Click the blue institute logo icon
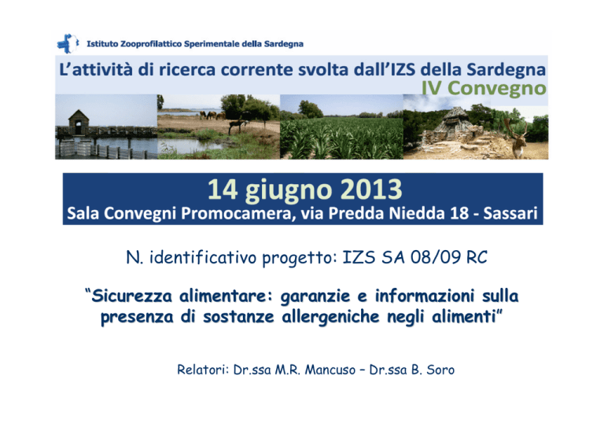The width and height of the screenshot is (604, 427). tap(68, 43)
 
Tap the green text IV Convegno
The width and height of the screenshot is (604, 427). tap(484, 88)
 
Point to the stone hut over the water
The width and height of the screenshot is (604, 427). tap(79, 122)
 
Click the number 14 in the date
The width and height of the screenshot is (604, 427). tap(223, 190)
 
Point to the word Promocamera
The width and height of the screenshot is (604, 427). tap(236, 214)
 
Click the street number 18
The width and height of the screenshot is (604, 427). tap(459, 213)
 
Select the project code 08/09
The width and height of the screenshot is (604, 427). tap(435, 258)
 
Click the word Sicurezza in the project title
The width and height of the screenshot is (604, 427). tap(131, 296)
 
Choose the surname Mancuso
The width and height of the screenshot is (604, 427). tap(330, 370)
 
